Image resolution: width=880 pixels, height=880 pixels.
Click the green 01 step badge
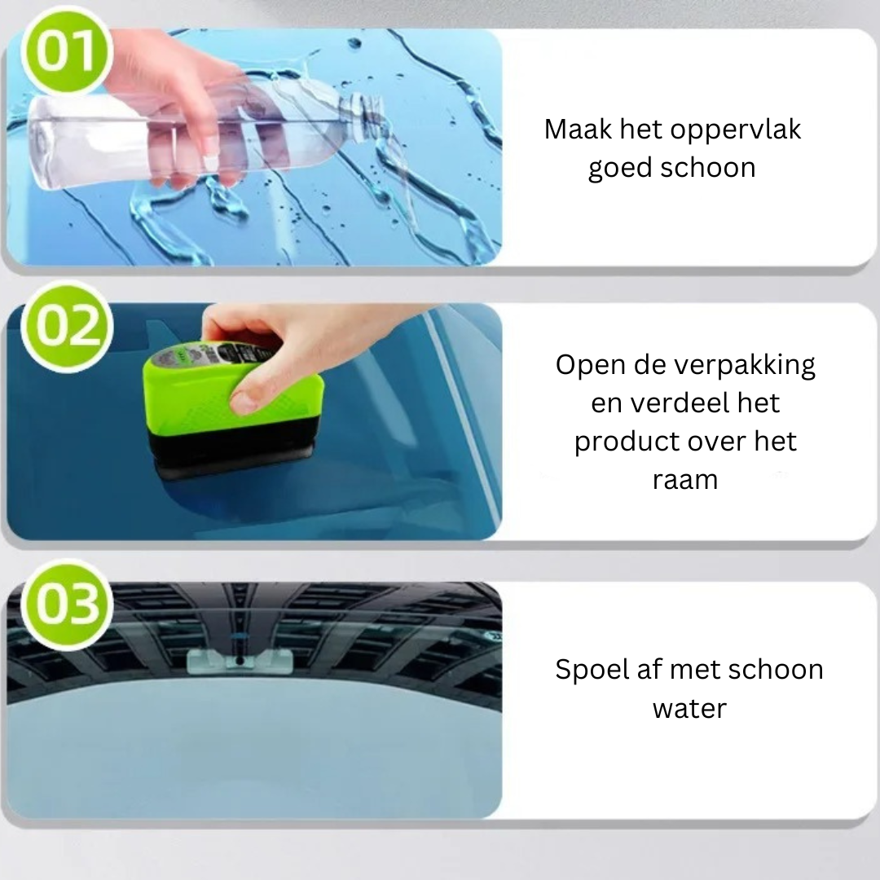point(63,51)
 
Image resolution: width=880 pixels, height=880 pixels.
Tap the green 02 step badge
point(63,326)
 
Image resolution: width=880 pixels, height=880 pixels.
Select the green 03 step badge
point(63,604)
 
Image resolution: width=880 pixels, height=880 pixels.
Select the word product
point(627,441)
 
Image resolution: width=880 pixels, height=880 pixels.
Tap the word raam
point(684,479)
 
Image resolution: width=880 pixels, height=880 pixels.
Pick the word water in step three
point(689,708)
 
